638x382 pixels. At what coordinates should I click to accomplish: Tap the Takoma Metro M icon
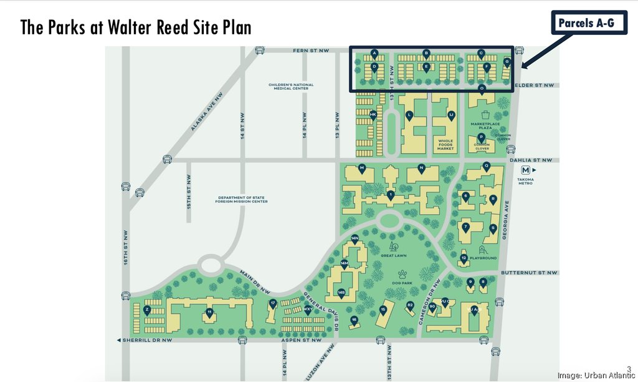pos(526,170)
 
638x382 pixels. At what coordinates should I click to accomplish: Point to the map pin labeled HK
pos(373,115)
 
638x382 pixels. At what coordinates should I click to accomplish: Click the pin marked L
pos(409,115)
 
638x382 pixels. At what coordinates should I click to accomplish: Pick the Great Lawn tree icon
pos(393,247)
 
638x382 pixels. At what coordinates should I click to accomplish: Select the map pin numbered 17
pos(272,304)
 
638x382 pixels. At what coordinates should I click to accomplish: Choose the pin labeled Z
pos(147,310)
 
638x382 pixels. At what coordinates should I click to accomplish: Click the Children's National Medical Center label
pos(291,87)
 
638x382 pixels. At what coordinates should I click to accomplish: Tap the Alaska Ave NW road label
pos(206,112)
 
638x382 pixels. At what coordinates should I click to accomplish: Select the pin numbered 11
pos(210,312)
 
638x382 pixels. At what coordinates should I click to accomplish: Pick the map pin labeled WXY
pos(307,310)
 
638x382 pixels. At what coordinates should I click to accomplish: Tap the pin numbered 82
pos(410,306)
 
